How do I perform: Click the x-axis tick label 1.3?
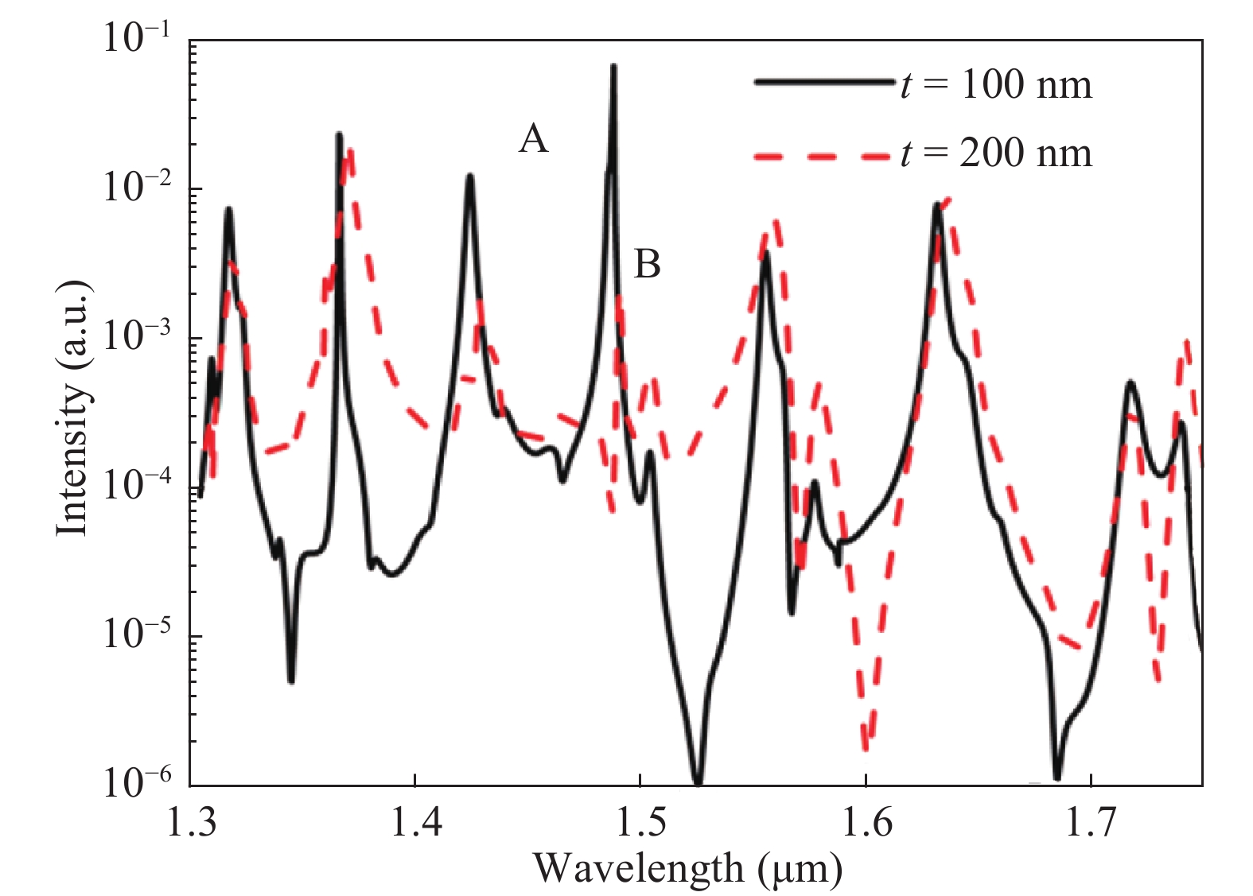coord(191,824)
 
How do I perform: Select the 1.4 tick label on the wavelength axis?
coord(416,824)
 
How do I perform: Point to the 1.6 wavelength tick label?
coord(866,824)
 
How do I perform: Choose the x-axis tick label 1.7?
coord(1092,824)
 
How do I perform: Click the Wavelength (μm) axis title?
coord(687,868)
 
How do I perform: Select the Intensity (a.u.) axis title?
coord(72,408)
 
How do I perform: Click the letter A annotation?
coord(533,139)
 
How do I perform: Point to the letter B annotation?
coord(647,264)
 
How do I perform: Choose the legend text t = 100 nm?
coord(997,84)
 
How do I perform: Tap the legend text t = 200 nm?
coord(997,153)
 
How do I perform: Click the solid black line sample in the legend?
coord(823,81)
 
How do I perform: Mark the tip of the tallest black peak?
coord(613,66)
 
